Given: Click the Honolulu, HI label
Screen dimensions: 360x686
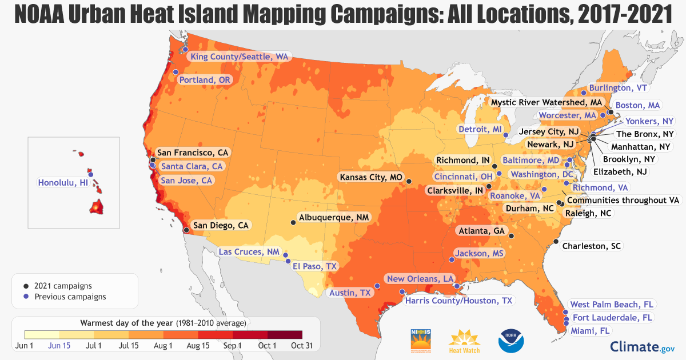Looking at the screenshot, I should (x=63, y=183).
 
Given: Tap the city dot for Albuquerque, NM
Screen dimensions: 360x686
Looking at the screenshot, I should (x=294, y=222).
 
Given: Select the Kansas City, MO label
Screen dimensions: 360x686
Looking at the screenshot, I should (x=371, y=177).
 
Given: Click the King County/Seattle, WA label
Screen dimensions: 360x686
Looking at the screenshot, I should (x=239, y=57).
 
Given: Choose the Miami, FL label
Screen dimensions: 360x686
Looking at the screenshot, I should (x=590, y=330).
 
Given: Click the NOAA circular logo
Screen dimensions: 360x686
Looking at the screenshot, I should (x=510, y=340).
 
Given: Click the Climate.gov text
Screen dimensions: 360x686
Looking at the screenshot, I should (x=643, y=346).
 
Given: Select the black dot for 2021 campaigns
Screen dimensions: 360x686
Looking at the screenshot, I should (x=26, y=286).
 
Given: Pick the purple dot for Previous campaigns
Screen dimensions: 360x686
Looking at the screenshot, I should (x=26, y=297).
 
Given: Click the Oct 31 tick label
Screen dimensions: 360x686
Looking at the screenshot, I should (x=302, y=346).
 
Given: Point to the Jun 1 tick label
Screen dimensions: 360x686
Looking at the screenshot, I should (x=24, y=346).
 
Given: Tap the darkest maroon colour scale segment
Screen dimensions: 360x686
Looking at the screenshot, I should (x=284, y=335).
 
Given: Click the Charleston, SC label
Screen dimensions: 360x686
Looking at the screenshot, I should (x=591, y=246).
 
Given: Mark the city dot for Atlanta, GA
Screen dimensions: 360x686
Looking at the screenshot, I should (x=511, y=235).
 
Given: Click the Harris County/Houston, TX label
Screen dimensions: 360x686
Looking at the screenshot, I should (x=458, y=300).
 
